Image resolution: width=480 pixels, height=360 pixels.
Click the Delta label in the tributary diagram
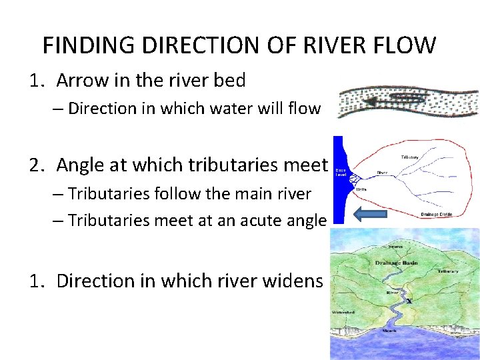[361, 189]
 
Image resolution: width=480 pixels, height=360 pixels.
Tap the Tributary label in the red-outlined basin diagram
[410, 157]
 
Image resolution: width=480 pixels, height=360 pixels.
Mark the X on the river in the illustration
[409, 301]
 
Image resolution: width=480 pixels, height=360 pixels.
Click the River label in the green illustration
[393, 291]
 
